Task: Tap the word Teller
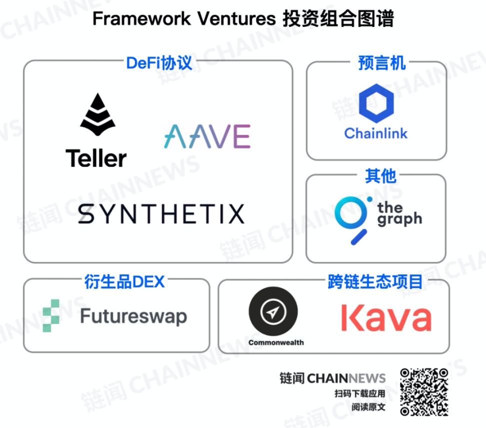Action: coord(96,158)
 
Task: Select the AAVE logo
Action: coord(207,136)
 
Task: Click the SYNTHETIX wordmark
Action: coord(161,214)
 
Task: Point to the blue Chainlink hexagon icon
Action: coord(376,103)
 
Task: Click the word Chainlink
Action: coord(376,133)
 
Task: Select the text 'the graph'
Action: coord(399,214)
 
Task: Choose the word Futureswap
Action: coord(133,316)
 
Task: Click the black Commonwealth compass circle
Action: coord(273,311)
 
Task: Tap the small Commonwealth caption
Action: coord(276,342)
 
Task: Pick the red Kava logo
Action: coord(386,318)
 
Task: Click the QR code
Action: coord(424,392)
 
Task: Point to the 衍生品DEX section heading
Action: coord(124,281)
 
